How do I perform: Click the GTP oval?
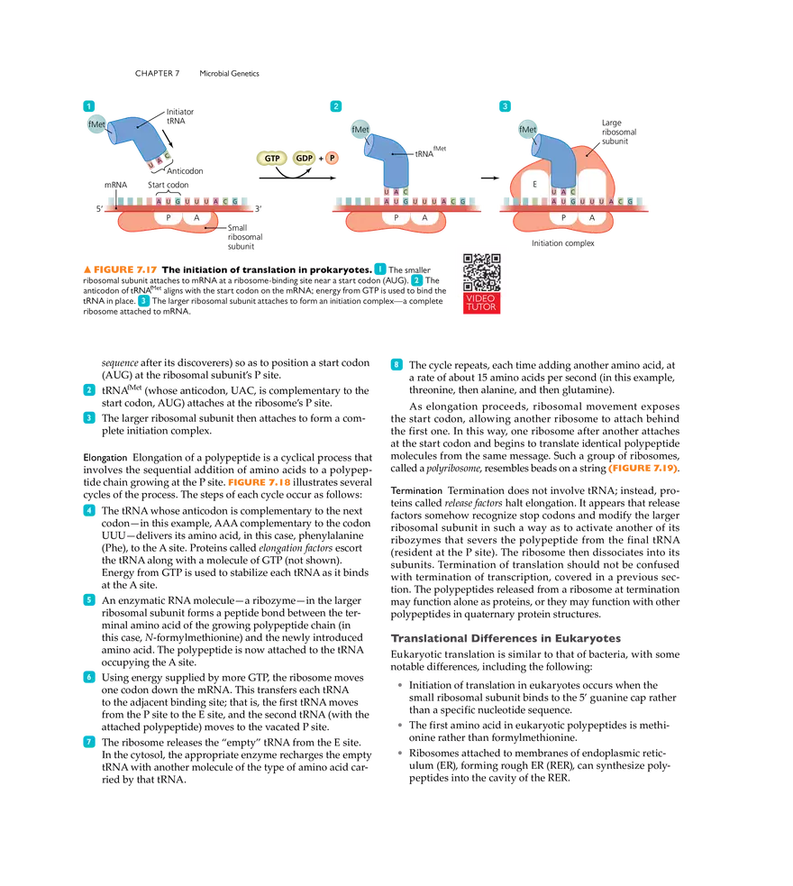(x=271, y=158)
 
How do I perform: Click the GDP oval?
(x=305, y=158)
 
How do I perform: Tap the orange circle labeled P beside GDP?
(x=333, y=158)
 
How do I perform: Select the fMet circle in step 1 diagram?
(x=96, y=124)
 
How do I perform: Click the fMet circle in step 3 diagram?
(x=527, y=129)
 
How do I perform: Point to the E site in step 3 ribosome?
(x=534, y=184)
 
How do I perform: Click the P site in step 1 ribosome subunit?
(x=168, y=218)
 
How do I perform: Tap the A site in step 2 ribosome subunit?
(x=424, y=218)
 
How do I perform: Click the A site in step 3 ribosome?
(x=592, y=218)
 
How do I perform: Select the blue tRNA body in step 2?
(x=386, y=158)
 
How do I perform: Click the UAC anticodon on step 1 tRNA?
(x=158, y=161)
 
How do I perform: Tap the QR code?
(x=481, y=271)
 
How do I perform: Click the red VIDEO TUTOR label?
(x=481, y=303)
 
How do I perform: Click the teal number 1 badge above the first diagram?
(x=88, y=105)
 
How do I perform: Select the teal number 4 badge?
(x=88, y=510)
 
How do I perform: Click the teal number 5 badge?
(x=88, y=600)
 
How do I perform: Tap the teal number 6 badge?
(x=88, y=676)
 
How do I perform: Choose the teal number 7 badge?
(x=88, y=741)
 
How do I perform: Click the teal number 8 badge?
(x=396, y=364)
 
